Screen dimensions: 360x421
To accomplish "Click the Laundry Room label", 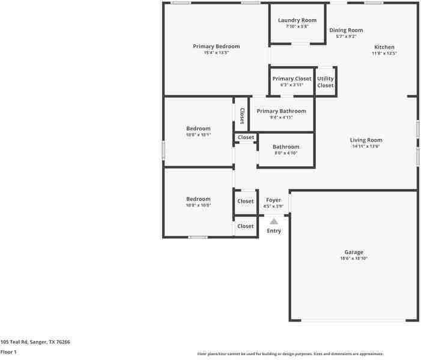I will click(297, 20).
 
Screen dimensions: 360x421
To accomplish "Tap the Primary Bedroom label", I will click(216, 46).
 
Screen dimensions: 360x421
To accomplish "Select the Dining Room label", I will click(346, 30).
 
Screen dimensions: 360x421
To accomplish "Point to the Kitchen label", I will click(384, 47).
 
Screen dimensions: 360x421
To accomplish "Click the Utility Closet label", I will click(326, 82).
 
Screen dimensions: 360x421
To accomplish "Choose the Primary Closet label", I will click(292, 79).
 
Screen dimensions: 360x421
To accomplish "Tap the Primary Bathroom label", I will click(282, 111).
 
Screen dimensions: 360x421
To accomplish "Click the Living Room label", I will click(366, 140).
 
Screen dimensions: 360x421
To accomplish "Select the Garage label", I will click(354, 252).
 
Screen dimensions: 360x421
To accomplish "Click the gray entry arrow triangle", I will click(274, 221).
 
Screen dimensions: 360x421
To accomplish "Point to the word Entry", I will click(274, 231).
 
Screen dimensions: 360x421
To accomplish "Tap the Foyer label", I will click(274, 200).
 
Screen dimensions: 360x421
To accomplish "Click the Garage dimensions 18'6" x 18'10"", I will click(354, 259).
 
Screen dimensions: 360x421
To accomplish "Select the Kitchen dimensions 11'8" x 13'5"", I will click(384, 53).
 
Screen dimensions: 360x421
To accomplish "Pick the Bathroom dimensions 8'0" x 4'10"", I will click(286, 153).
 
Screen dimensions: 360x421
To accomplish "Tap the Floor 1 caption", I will click(8, 352).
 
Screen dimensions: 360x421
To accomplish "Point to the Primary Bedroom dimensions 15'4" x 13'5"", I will click(216, 53).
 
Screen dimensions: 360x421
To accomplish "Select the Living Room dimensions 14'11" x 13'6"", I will click(366, 146).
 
